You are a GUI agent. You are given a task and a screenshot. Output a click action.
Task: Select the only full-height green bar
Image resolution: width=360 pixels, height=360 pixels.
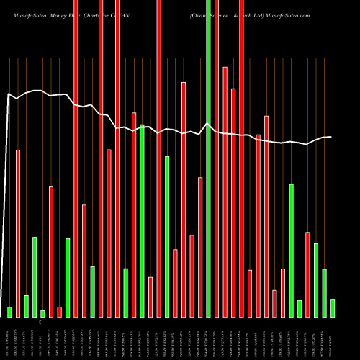click(209, 158)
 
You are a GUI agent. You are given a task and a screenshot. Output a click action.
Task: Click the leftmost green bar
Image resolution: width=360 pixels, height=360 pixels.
click(9, 312)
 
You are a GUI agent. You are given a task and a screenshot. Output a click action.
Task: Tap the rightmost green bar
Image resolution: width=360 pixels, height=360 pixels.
click(333, 307)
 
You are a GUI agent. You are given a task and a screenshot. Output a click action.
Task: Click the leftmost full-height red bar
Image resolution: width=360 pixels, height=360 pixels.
click(76, 158)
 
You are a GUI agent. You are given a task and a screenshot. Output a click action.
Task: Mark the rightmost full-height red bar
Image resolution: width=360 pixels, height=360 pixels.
click(241, 158)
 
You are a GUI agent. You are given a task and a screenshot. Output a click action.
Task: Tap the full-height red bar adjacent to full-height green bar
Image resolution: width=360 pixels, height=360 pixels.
click(217, 158)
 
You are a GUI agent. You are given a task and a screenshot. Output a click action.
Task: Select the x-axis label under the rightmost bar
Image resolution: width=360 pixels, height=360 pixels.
click(333, 338)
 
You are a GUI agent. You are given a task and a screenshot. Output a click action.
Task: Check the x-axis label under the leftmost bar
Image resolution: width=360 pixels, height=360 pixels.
click(9, 338)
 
